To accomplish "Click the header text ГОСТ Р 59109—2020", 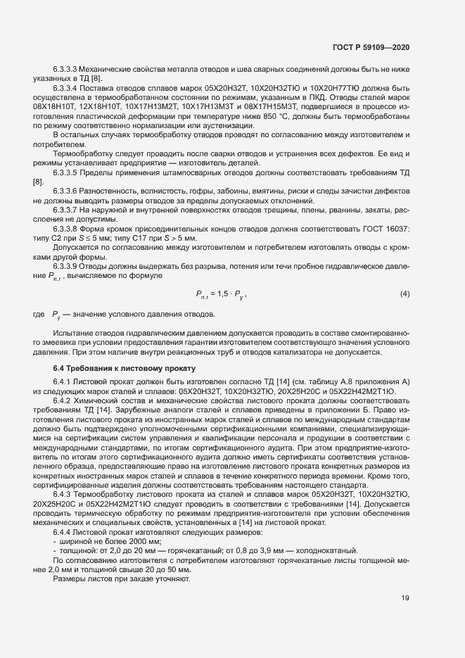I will point(371,48).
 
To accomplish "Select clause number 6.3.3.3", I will point(65,68).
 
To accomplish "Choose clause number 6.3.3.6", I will point(65,192).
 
